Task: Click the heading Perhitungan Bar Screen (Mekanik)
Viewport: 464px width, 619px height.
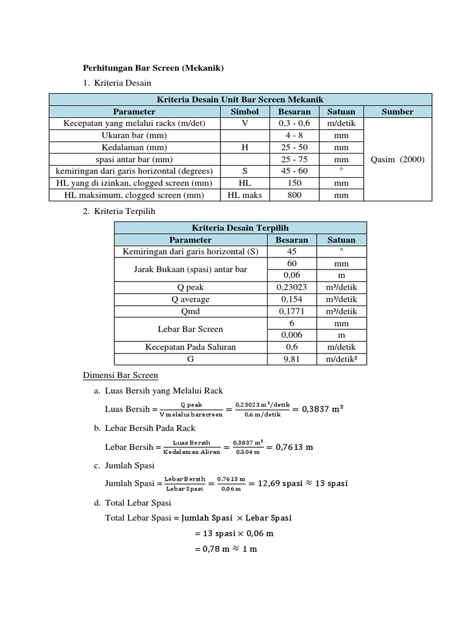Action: coord(153,68)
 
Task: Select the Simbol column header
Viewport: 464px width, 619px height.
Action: coord(244,111)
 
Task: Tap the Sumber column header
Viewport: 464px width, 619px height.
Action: coord(398,111)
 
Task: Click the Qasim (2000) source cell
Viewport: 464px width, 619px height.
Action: coord(398,160)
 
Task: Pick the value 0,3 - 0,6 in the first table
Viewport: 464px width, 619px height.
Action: coord(294,123)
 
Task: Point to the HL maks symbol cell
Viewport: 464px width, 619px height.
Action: coord(244,195)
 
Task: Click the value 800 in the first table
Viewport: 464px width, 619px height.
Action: coord(294,195)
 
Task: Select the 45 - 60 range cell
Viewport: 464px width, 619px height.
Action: coord(294,171)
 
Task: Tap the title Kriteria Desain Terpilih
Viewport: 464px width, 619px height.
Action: coord(240,227)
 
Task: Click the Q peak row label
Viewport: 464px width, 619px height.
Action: coord(191,287)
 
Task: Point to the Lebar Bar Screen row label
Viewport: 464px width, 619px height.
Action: coord(191,329)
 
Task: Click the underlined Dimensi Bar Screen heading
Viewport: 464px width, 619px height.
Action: coord(120,375)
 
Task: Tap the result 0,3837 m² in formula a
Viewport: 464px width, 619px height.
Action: coord(318,409)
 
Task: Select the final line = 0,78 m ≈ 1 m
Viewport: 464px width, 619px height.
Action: coord(225,549)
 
